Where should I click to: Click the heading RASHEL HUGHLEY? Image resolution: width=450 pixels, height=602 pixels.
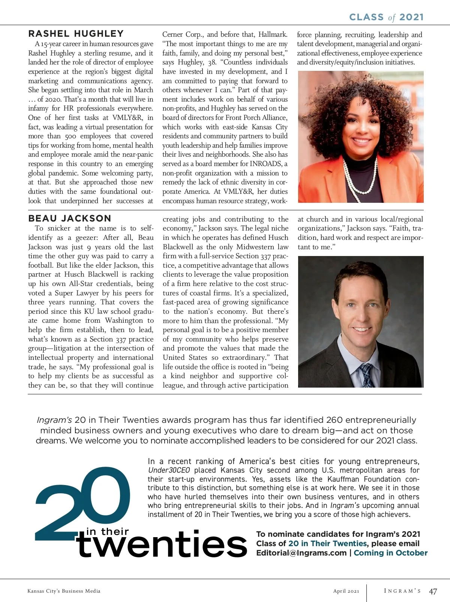(x=76, y=34)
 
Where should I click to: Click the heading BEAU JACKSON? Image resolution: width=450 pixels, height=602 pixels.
(x=70, y=218)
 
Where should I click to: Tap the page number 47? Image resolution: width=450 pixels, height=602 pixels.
(x=433, y=592)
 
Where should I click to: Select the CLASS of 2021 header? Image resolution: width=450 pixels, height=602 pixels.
(x=386, y=17)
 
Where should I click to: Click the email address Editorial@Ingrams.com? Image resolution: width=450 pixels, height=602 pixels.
(x=301, y=553)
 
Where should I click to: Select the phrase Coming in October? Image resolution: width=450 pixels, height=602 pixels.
(x=390, y=553)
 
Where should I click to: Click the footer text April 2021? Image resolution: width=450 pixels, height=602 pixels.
(x=346, y=591)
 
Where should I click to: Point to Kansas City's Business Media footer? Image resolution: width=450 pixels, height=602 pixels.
(x=64, y=591)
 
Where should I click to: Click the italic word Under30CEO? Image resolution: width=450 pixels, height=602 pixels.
(x=169, y=470)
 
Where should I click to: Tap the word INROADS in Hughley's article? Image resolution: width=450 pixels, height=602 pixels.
(x=265, y=164)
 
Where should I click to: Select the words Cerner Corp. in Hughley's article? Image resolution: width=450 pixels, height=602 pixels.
(x=183, y=34)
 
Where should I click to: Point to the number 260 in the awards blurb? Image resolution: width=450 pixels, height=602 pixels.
(x=334, y=420)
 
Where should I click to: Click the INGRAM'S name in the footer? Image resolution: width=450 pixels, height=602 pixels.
(x=402, y=591)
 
